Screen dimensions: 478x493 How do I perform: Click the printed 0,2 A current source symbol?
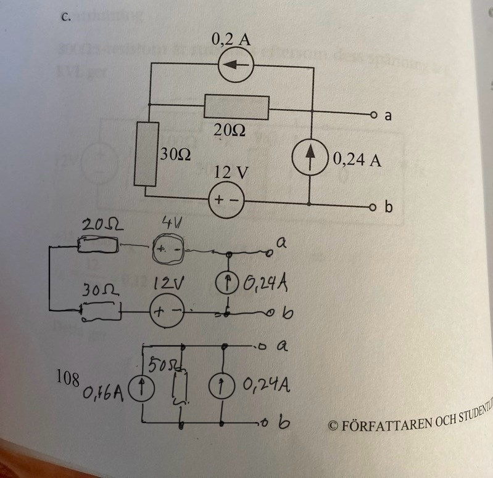tap(235, 65)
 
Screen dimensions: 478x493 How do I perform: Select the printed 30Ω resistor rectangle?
tap(146, 153)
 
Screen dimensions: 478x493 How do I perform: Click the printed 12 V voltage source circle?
tap(228, 201)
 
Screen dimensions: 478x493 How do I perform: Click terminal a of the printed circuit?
tap(373, 115)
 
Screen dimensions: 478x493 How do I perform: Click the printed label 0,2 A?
tap(230, 41)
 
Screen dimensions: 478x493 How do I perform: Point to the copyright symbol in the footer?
tap(334, 425)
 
